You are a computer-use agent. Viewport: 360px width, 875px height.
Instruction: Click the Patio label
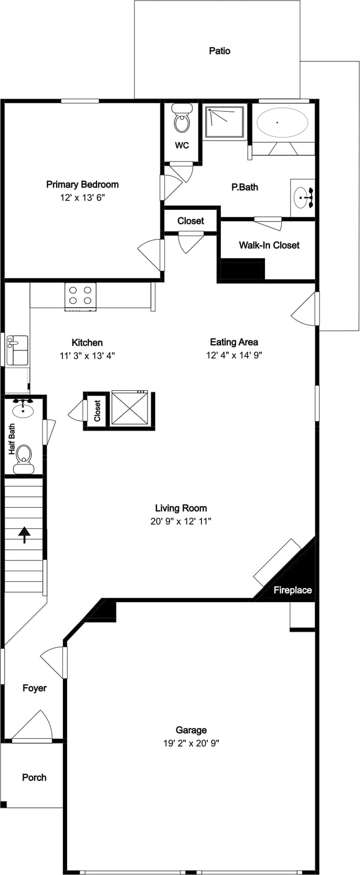(x=220, y=51)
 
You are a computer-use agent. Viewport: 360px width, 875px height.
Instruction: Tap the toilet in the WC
(x=182, y=119)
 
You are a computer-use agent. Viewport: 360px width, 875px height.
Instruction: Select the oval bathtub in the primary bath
(x=282, y=122)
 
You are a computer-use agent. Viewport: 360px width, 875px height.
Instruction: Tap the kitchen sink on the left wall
(x=17, y=350)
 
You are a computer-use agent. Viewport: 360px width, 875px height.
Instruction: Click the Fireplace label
(x=293, y=590)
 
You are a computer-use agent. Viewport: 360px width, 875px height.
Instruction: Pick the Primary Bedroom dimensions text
(x=82, y=198)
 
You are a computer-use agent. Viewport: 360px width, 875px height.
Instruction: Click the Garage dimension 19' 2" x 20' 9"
(x=191, y=743)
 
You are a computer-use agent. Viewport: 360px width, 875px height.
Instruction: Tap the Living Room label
(x=181, y=508)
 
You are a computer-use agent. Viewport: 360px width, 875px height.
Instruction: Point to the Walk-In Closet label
(x=269, y=246)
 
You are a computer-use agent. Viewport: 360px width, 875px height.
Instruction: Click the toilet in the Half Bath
(x=24, y=460)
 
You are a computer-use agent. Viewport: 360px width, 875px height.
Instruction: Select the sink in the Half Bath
(x=23, y=409)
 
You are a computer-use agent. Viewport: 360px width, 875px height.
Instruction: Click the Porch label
(x=35, y=777)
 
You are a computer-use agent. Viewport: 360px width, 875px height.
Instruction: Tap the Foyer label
(x=35, y=688)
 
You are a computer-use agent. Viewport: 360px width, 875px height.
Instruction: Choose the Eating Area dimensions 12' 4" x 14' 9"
(x=234, y=355)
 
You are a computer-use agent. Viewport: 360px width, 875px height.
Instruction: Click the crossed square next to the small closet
(x=130, y=408)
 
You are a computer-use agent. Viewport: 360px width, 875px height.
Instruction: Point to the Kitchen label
(x=87, y=343)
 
